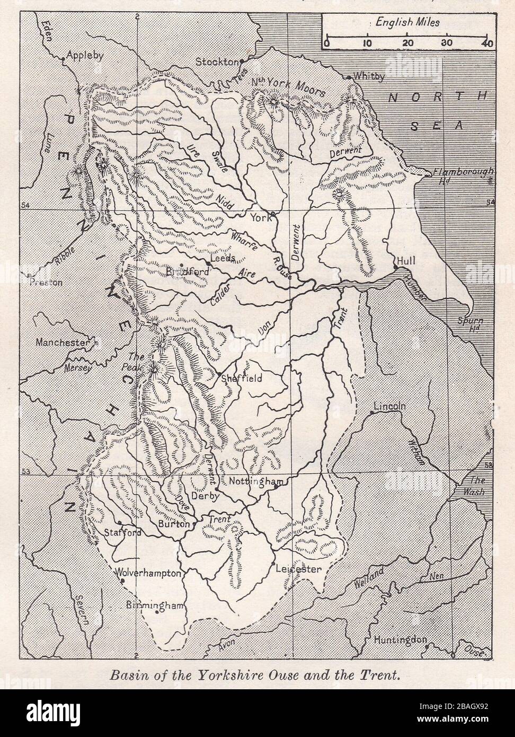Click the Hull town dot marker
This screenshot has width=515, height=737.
[396, 268]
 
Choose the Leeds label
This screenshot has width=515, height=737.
[224, 259]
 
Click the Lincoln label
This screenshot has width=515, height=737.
[389, 407]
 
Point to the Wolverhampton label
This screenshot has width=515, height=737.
[149, 573]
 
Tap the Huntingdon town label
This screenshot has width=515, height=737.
[401, 640]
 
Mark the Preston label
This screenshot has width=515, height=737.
[46, 283]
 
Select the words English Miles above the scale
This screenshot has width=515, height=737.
[407, 23]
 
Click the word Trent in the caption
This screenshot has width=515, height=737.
[378, 676]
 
